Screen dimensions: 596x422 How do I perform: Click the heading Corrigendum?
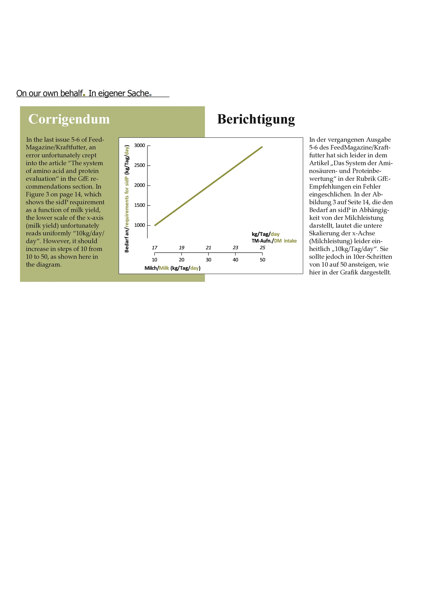click(69, 119)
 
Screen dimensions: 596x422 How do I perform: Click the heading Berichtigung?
click(256, 119)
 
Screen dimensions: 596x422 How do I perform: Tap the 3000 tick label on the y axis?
click(140, 145)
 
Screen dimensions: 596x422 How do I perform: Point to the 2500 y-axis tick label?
click(140, 165)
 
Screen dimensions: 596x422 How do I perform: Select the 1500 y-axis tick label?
click(140, 205)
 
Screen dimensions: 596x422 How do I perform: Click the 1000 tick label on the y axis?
click(140, 225)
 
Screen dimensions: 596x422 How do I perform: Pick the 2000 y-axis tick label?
click(140, 185)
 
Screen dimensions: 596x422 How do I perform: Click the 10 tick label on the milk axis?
click(155, 260)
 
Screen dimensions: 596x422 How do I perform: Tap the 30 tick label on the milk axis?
click(208, 260)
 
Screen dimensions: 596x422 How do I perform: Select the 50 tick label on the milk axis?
click(262, 260)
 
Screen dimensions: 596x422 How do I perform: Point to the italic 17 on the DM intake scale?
click(155, 248)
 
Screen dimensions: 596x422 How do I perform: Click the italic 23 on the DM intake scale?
click(235, 248)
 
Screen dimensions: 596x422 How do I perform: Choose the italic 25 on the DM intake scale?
click(262, 248)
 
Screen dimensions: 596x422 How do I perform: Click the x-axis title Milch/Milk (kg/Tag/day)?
click(172, 268)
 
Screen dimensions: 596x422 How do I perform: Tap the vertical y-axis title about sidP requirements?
click(127, 199)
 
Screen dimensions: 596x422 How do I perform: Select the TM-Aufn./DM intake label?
click(274, 241)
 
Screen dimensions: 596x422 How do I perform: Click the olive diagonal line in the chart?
click(208, 186)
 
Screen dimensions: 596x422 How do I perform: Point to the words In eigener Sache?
click(119, 93)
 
